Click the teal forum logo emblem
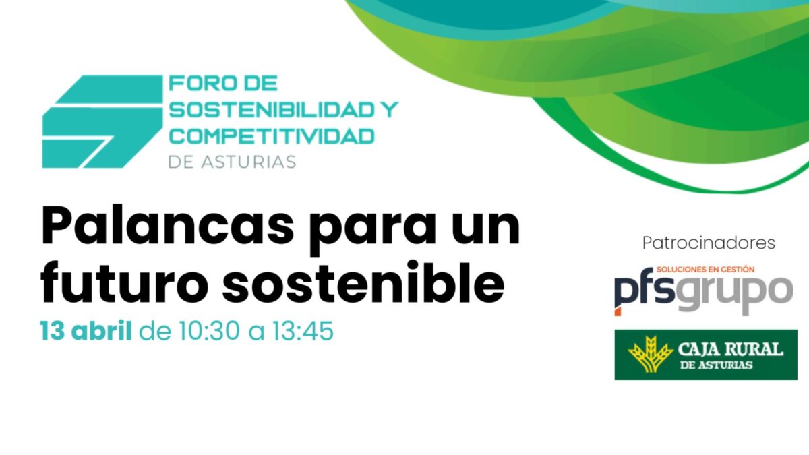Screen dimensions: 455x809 coord(101,121)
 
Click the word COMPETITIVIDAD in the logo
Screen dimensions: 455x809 coord(271,135)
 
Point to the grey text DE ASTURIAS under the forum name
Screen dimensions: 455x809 coord(232,162)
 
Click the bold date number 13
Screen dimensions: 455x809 coord(53,332)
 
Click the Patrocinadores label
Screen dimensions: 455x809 coord(709,242)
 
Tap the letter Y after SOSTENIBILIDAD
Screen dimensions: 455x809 coord(389,109)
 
